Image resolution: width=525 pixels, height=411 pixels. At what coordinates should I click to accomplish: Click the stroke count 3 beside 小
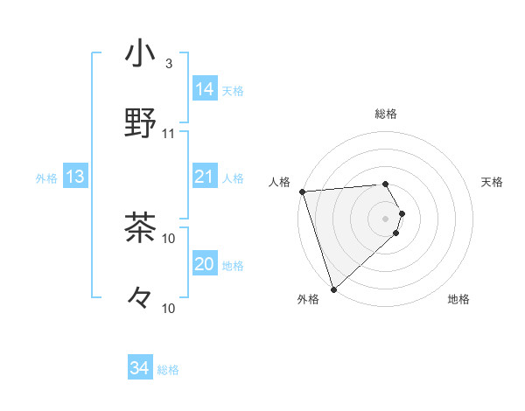click(x=168, y=64)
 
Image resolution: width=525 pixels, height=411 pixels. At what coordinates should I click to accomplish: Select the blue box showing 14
click(x=204, y=89)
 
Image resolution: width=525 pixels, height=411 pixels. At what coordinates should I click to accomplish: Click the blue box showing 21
click(x=204, y=178)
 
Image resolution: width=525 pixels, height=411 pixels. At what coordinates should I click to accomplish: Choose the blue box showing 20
click(x=204, y=265)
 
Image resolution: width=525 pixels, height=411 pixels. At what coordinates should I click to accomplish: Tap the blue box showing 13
click(x=75, y=178)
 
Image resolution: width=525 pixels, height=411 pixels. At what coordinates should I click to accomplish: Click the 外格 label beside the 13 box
click(x=46, y=178)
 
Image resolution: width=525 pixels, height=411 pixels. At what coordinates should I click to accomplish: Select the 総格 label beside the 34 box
click(x=168, y=370)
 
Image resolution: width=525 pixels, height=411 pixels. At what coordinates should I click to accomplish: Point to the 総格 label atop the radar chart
click(x=386, y=114)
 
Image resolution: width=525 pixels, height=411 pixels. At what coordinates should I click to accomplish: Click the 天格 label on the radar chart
click(x=493, y=182)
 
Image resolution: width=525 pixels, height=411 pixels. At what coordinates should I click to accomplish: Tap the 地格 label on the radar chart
click(x=458, y=300)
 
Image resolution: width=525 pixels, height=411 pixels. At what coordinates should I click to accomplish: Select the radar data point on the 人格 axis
click(x=301, y=192)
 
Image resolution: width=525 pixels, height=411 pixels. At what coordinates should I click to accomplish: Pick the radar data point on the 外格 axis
click(x=333, y=288)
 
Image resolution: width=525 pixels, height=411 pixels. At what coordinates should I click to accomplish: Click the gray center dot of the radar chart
click(x=386, y=217)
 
